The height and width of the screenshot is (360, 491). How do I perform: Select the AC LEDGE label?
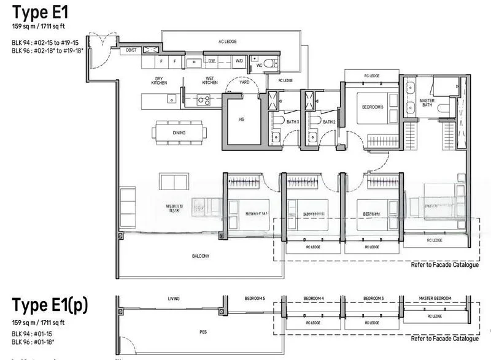227,41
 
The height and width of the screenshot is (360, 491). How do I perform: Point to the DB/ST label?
131,50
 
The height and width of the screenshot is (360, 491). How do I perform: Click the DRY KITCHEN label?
160,82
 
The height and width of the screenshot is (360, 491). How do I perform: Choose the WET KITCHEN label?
210,82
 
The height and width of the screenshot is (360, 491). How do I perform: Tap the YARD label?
244,82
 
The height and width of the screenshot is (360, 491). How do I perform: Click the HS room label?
241,120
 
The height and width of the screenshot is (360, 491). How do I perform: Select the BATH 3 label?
292,122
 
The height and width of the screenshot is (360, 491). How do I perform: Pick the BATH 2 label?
329,122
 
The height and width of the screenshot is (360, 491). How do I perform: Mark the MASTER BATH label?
427,102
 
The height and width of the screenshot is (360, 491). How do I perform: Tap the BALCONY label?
200,256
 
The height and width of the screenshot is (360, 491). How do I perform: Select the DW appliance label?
211,61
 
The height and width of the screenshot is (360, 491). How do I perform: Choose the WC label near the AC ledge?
259,65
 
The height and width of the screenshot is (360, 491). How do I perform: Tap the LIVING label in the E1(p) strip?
174,299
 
